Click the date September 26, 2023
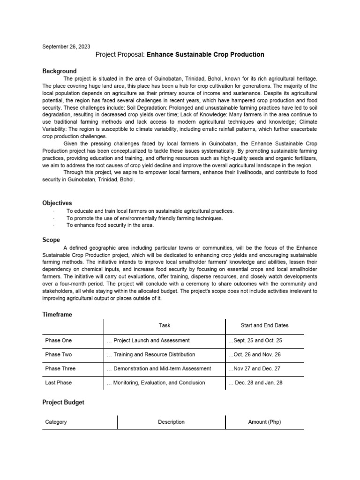[66, 47]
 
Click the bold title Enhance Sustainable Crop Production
[205, 55]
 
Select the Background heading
[59, 71]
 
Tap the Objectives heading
[57, 203]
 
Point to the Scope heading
[51, 240]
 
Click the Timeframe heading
[57, 315]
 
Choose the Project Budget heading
[63, 402]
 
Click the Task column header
[165, 325]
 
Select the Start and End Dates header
[264, 325]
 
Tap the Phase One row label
[59, 340]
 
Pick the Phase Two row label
[59, 354]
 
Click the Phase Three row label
[60, 368]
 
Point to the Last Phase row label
[59, 382]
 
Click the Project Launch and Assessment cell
[148, 340]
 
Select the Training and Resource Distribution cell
[151, 354]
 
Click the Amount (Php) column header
[264, 422]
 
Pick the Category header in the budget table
[56, 422]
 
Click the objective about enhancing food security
[110, 225]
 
